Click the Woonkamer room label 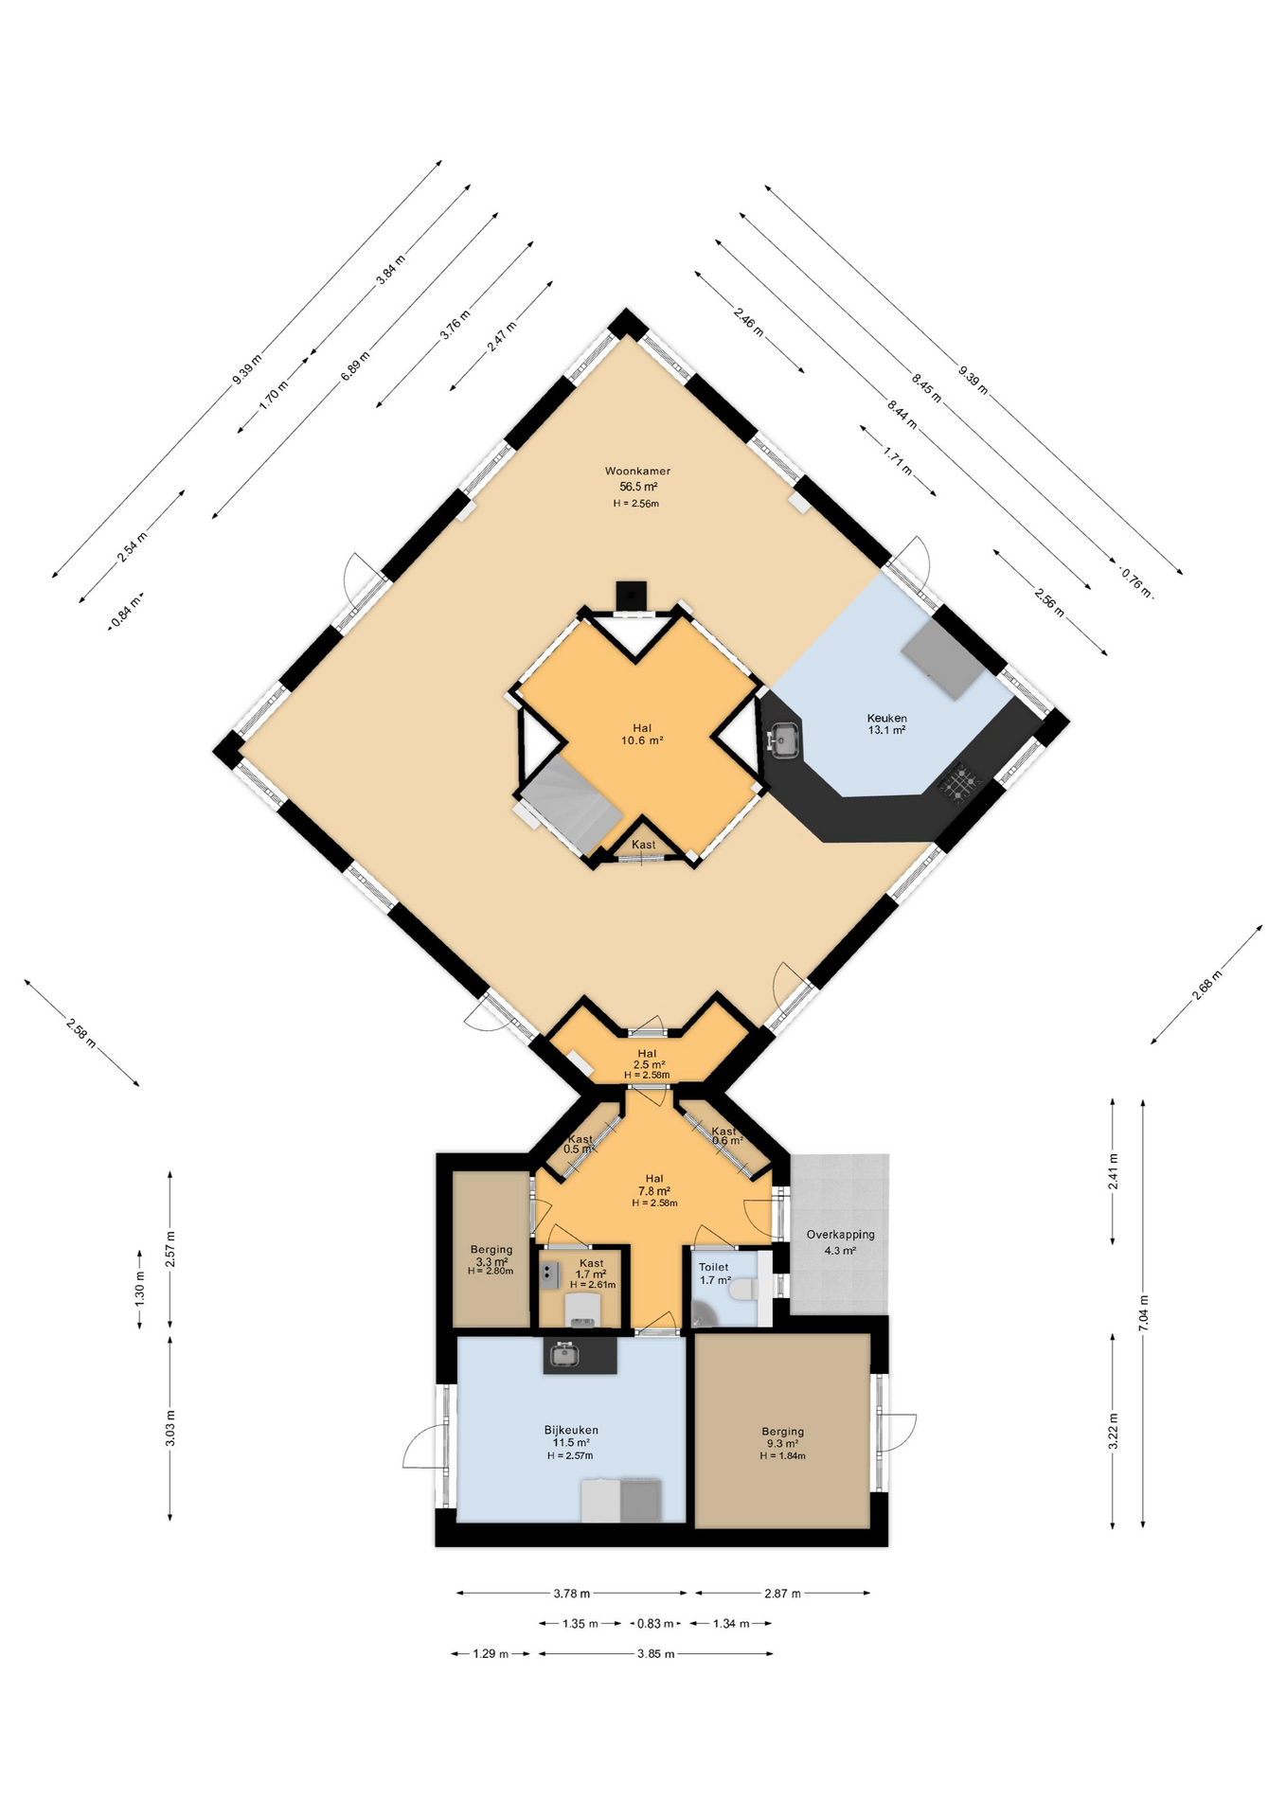coord(637,471)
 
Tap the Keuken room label coord(886,719)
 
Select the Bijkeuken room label coord(571,1431)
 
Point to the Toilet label coord(714,1267)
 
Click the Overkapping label coord(840,1235)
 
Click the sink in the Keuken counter coord(785,740)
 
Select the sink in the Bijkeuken coord(564,1354)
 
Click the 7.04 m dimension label coord(1143,1314)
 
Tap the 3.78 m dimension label coord(572,1594)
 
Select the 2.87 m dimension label coord(782,1594)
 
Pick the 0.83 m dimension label coord(655,1624)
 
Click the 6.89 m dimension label coord(356,365)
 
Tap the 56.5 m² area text coord(638,487)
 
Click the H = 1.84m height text coord(782,1456)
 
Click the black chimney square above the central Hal coord(631,597)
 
